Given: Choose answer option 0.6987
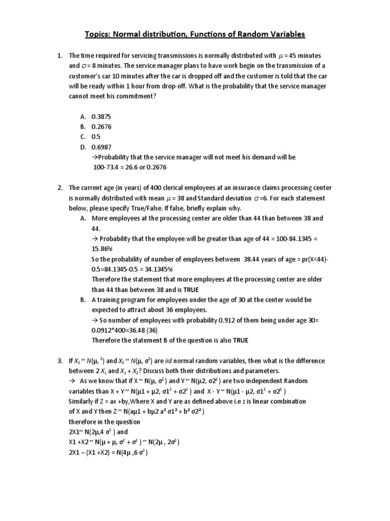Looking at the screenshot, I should [101, 147].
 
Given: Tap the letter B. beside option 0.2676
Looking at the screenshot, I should [82, 126].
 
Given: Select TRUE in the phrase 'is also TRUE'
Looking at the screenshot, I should [241, 340].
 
